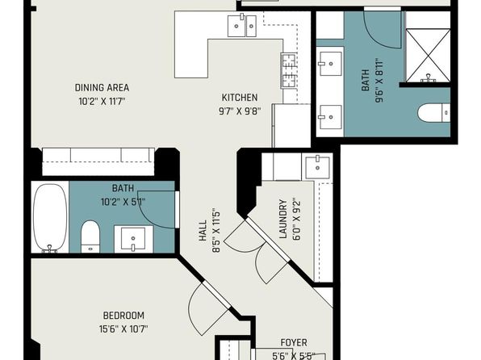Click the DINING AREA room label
click(102, 88)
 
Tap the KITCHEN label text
click(239, 98)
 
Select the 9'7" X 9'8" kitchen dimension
click(239, 111)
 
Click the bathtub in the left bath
click(50, 218)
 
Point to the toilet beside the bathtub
click(90, 237)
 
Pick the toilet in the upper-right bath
click(434, 113)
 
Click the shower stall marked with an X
click(429, 56)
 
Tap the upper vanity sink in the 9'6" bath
click(331, 64)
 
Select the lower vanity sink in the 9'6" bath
click(331, 117)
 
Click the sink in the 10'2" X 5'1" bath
click(133, 239)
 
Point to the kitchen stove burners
click(288, 71)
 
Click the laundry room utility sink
click(317, 167)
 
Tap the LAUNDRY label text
click(282, 219)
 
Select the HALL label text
click(203, 231)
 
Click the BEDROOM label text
click(123, 316)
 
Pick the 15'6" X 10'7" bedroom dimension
click(123, 329)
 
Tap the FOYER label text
click(294, 342)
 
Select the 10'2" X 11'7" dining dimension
click(102, 101)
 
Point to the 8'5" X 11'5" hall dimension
click(216, 232)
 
